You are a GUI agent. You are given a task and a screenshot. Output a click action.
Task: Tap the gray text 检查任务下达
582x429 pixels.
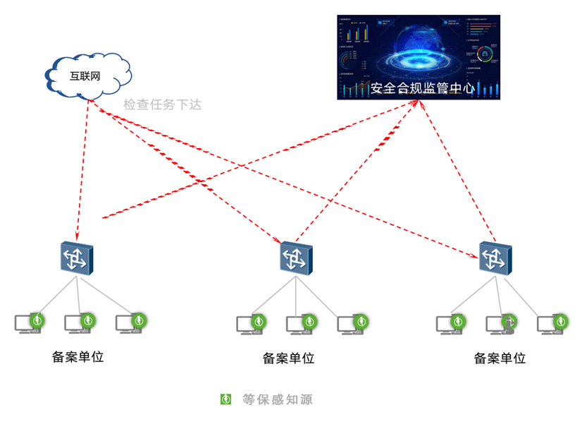(x=163, y=104)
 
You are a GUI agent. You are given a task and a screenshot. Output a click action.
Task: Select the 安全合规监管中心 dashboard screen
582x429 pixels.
(x=419, y=57)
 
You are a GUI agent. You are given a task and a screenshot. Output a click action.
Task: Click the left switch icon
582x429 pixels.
(x=76, y=258)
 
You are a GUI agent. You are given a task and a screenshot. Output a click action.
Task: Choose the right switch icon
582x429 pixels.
(x=495, y=258)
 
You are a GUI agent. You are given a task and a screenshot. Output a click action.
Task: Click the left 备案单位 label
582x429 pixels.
(x=78, y=356)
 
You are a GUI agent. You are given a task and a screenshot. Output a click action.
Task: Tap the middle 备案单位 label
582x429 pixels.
(x=289, y=358)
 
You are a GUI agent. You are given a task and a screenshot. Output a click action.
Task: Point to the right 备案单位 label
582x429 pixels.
(x=500, y=358)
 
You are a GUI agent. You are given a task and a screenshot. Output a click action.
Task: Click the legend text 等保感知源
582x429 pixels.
(x=277, y=399)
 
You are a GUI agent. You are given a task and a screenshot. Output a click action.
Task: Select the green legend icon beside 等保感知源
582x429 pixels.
(x=226, y=399)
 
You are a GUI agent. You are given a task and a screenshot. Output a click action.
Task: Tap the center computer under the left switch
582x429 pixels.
(x=79, y=323)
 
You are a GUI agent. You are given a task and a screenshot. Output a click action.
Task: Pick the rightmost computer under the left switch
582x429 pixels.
(x=130, y=323)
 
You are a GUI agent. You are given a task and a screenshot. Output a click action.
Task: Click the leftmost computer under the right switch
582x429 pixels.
(x=451, y=325)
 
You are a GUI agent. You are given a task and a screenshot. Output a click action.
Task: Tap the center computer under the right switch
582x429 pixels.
(x=501, y=325)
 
